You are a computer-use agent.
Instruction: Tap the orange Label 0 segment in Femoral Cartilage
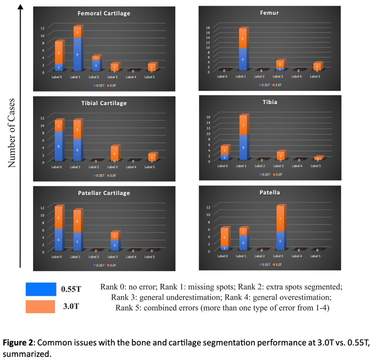pos(59,53)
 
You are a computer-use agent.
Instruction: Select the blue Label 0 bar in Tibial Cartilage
pos(59,146)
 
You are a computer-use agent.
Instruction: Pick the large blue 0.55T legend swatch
pos(41,289)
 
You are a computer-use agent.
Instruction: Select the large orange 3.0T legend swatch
pos(41,307)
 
